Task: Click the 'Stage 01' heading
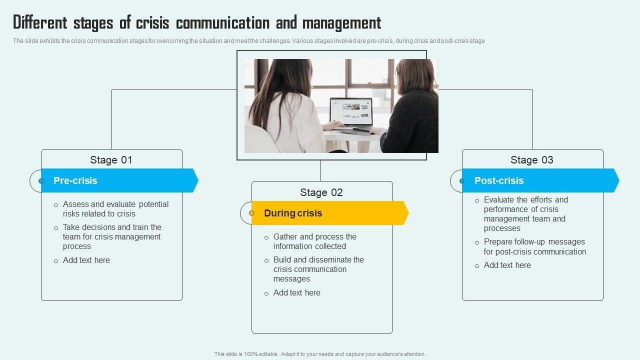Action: point(111,160)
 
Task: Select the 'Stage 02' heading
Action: point(321,192)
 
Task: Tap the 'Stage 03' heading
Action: point(532,160)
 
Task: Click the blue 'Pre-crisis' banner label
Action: point(75,180)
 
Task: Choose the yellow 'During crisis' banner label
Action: point(293,213)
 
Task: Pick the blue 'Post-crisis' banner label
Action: point(499,180)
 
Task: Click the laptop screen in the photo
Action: point(350,111)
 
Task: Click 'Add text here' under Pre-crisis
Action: point(86,260)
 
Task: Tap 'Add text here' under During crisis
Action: point(297,292)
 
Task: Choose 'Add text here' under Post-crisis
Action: point(507,265)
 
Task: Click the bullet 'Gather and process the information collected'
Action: point(314,241)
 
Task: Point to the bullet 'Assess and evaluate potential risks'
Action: point(115,209)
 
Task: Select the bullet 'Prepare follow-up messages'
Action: point(534,246)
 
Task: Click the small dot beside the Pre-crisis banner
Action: point(41,180)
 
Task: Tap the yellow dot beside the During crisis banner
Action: point(251,213)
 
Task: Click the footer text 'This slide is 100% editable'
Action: point(320,354)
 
